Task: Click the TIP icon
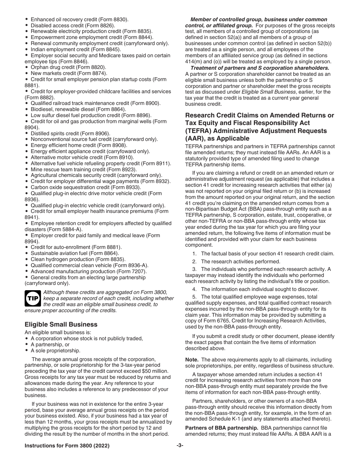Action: pos(33,299)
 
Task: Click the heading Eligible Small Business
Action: pos(61,324)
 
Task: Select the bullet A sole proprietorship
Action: pos(55,350)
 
